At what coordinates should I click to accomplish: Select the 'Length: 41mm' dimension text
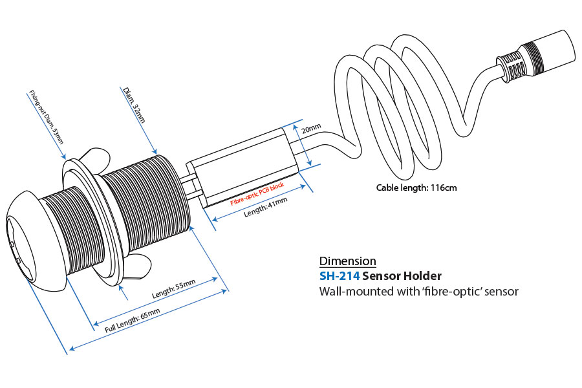coord(266,206)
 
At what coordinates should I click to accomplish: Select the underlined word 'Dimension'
coord(348,261)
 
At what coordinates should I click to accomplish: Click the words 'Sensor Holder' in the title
coord(403,276)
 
